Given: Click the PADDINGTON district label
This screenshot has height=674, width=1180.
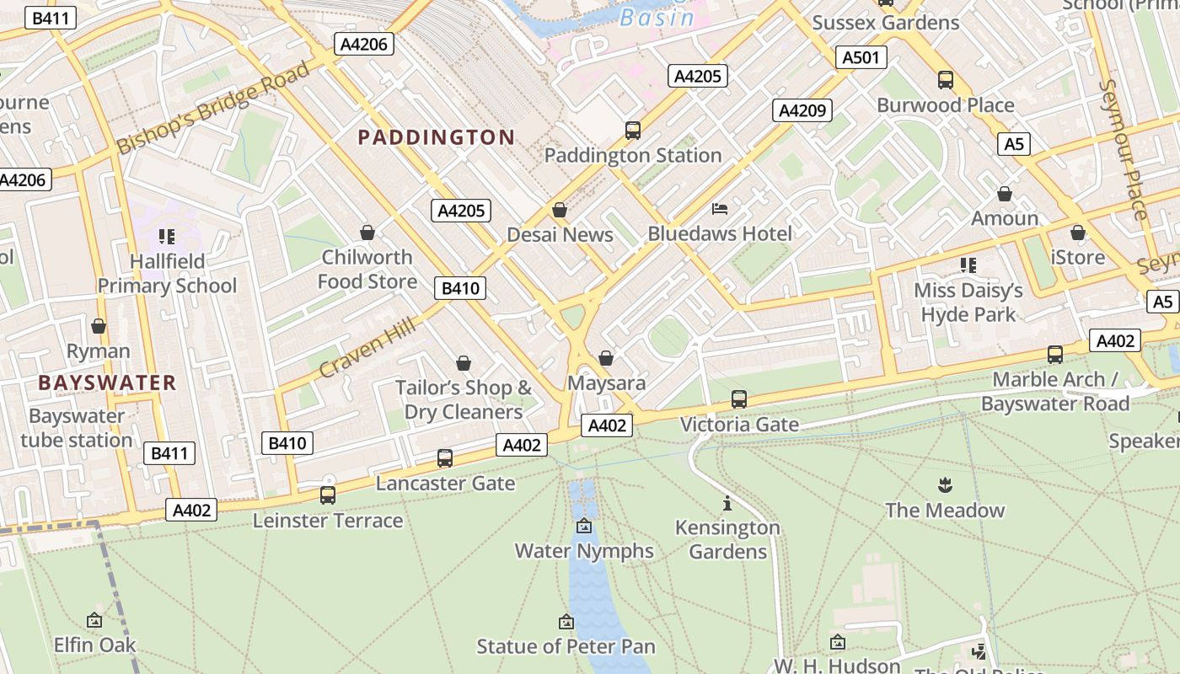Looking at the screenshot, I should (x=436, y=137).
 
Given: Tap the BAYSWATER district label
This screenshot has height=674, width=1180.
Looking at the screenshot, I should (x=107, y=382).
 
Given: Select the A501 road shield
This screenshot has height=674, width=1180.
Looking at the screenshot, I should (x=861, y=57).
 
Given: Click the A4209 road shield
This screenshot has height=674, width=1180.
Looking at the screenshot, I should (x=803, y=110).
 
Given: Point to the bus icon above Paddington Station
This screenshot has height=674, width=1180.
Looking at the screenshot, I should (x=633, y=131).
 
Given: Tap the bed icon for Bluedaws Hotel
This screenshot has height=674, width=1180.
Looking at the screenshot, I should (x=720, y=208).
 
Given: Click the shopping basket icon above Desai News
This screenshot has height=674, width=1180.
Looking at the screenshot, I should (x=560, y=210).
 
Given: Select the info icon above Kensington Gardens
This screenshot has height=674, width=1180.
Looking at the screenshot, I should (x=727, y=504).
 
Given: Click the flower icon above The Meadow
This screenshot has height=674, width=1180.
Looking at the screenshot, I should (x=944, y=485).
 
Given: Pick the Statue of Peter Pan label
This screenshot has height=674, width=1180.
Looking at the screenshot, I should (x=566, y=646).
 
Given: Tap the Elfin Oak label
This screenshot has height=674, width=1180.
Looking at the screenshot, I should (x=94, y=645).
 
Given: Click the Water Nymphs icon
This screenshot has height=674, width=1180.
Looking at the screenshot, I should (x=584, y=527).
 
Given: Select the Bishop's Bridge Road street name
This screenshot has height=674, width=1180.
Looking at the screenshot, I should (x=213, y=108).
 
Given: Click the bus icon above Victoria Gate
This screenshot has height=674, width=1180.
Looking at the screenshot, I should (x=739, y=399).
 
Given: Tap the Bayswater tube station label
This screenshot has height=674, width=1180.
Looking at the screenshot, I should (x=77, y=428).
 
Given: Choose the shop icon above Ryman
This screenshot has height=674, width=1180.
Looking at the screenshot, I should (x=99, y=326).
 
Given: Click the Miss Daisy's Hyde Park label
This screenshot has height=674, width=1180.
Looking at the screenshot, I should (x=968, y=302).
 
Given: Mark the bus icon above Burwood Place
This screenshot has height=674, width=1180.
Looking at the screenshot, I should (x=946, y=80).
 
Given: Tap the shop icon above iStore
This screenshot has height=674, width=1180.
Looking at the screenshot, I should (x=1078, y=233).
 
